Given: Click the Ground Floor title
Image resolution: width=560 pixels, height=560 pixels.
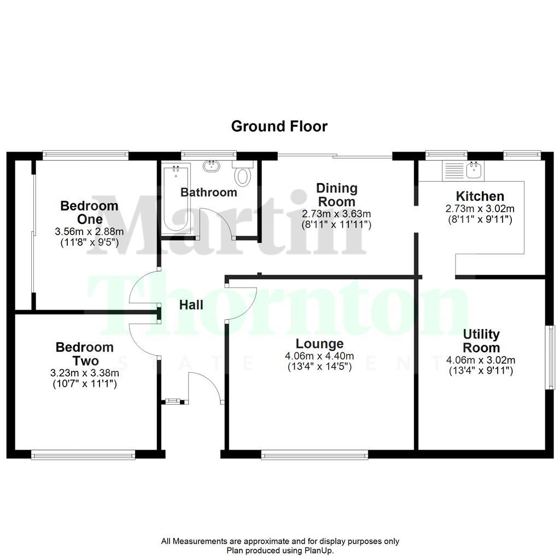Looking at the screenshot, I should click(279, 126).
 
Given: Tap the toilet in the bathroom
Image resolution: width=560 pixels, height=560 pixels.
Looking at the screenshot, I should click(242, 175).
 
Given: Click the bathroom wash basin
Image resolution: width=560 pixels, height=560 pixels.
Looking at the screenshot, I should click(211, 165).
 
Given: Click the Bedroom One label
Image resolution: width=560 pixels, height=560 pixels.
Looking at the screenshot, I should click(89, 212).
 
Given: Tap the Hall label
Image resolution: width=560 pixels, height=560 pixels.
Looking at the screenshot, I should click(191, 305).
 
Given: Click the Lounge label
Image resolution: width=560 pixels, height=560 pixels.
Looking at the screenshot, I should click(320, 343).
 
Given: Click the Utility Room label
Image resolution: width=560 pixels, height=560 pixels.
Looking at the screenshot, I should click(481, 341).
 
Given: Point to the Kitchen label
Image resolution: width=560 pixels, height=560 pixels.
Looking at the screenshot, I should click(480, 196).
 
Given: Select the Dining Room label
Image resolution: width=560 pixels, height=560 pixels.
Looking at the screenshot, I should click(336, 195).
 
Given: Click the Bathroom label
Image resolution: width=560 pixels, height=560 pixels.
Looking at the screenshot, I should click(209, 192).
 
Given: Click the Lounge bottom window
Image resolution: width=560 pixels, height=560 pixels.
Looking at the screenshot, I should click(314, 454).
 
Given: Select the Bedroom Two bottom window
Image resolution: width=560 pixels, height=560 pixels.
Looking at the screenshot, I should click(83, 454).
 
